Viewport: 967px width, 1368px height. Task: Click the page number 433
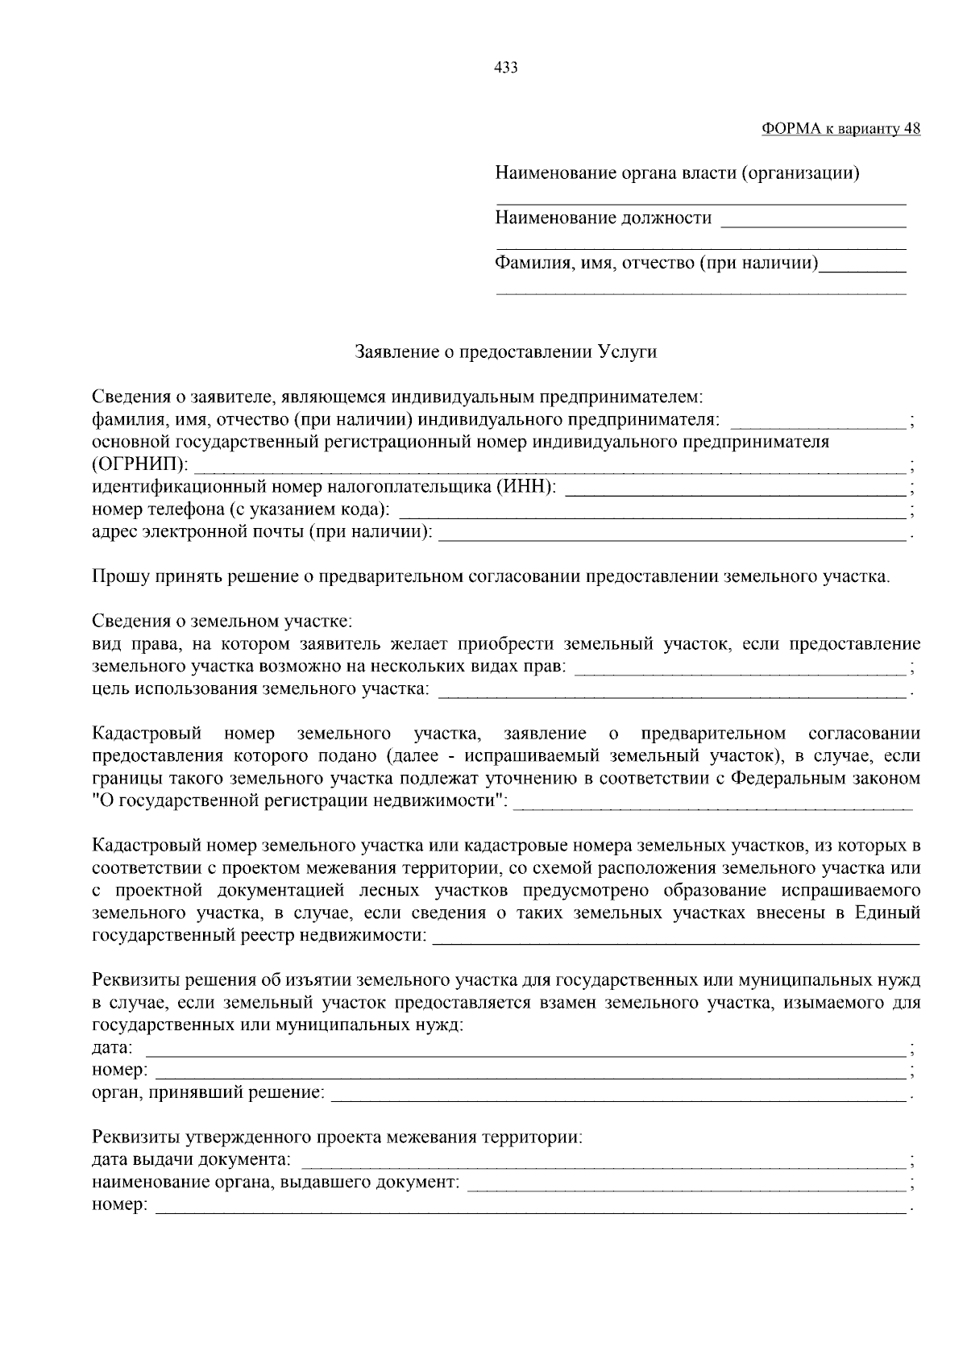pos(505,68)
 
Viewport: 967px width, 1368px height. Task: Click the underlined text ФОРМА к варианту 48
pos(840,129)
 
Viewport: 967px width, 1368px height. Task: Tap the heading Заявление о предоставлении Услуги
pos(506,352)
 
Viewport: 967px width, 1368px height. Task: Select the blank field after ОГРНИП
pos(551,467)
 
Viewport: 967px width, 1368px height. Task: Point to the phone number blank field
pos(653,511)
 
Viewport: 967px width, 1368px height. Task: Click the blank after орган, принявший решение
pos(618,1096)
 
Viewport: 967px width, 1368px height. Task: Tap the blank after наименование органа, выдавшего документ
pos(686,1185)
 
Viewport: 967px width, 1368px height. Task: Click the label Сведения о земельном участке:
pos(222,622)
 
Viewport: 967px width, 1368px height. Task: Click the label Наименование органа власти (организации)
pos(677,173)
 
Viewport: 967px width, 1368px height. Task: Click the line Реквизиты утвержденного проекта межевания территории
pos(337,1139)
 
